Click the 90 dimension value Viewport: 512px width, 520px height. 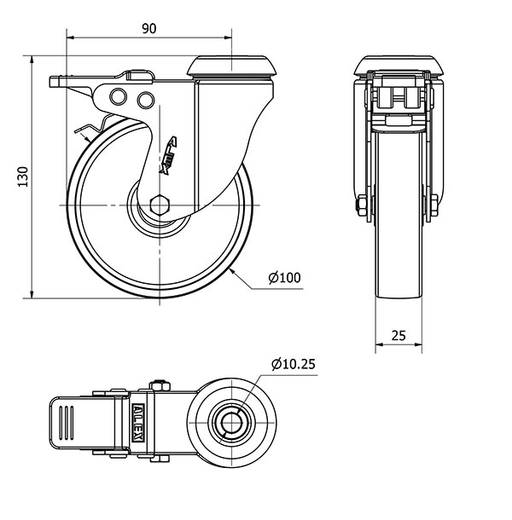[x=149, y=29]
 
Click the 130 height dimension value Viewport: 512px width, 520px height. [x=23, y=176]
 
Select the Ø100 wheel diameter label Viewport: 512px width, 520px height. [x=284, y=278]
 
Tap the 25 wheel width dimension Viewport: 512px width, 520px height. [x=399, y=336]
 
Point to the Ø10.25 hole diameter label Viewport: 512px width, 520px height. [x=294, y=364]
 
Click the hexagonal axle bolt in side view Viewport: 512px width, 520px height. [x=160, y=205]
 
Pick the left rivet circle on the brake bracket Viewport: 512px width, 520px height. [x=119, y=96]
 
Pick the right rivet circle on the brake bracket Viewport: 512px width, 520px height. [x=146, y=100]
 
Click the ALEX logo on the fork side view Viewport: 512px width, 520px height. [x=168, y=155]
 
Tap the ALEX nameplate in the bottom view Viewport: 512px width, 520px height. [x=137, y=423]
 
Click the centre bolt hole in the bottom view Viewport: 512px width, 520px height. [x=231, y=423]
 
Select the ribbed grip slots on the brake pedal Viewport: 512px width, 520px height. [x=67, y=423]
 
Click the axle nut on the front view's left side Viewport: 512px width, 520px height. [x=360, y=206]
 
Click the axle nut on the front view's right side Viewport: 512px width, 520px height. [x=434, y=205]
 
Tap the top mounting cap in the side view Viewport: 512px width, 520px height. [x=232, y=66]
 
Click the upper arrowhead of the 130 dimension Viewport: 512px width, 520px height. [x=32, y=61]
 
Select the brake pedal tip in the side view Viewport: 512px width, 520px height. [x=55, y=82]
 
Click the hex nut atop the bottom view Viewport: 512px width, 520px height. [x=160, y=386]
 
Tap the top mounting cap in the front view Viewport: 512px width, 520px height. [x=399, y=66]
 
